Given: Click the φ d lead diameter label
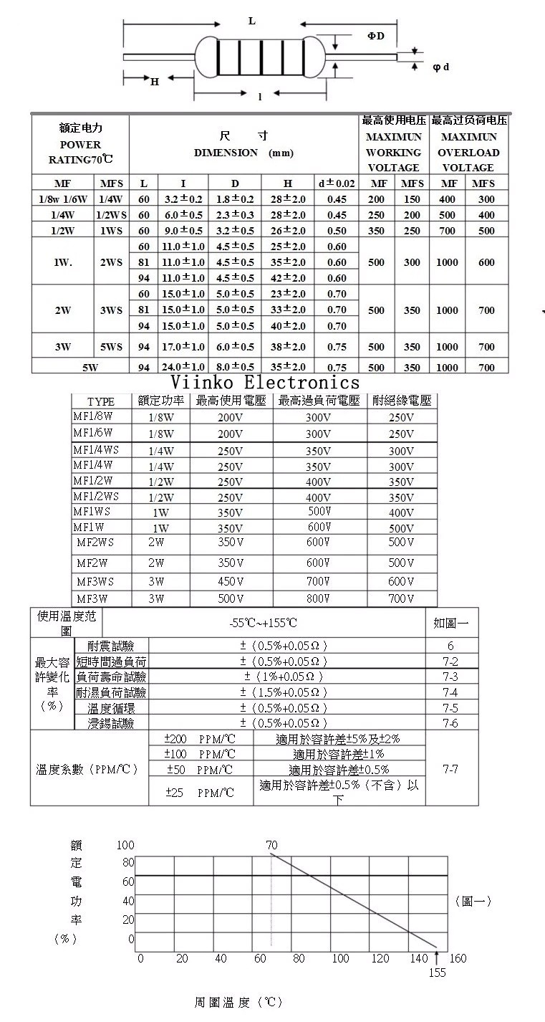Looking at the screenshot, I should click(x=441, y=67).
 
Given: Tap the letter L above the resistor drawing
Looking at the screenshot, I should click(x=252, y=21).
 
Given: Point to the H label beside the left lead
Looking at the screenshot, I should click(x=155, y=81).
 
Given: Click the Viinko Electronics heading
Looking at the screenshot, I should click(x=265, y=382).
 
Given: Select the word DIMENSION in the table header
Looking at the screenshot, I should click(x=226, y=153).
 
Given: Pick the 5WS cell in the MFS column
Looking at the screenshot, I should click(x=111, y=347).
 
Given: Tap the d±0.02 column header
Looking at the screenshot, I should click(x=337, y=183).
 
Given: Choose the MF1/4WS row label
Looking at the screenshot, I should click(x=96, y=450).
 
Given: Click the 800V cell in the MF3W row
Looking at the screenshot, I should click(x=318, y=598).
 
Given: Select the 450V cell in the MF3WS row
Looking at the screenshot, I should click(x=231, y=581).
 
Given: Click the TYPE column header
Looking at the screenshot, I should click(x=101, y=401).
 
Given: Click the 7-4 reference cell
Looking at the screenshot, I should click(x=450, y=692).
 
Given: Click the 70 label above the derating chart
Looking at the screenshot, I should click(x=271, y=846).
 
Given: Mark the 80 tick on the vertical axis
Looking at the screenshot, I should click(x=128, y=862).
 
